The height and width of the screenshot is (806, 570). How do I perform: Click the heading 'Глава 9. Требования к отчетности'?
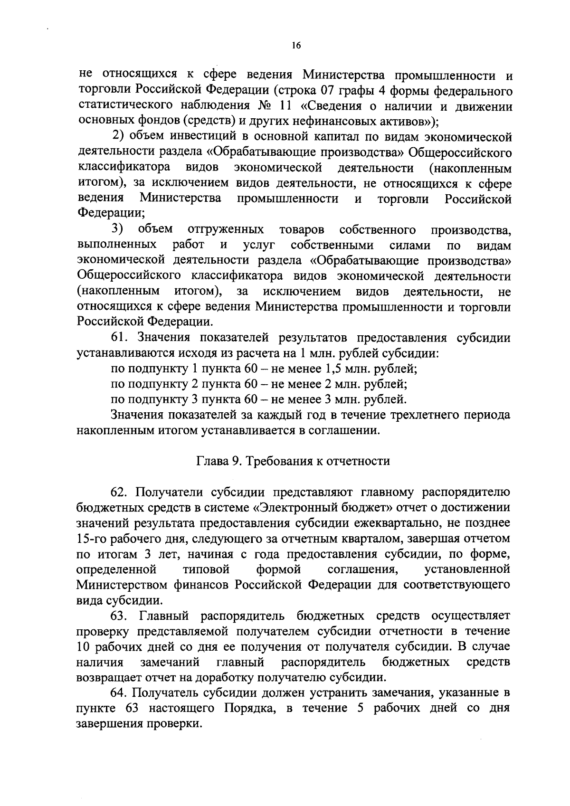click(293, 461)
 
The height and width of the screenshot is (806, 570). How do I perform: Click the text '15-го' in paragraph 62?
click(91, 539)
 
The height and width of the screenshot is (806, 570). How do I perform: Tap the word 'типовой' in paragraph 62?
click(206, 569)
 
